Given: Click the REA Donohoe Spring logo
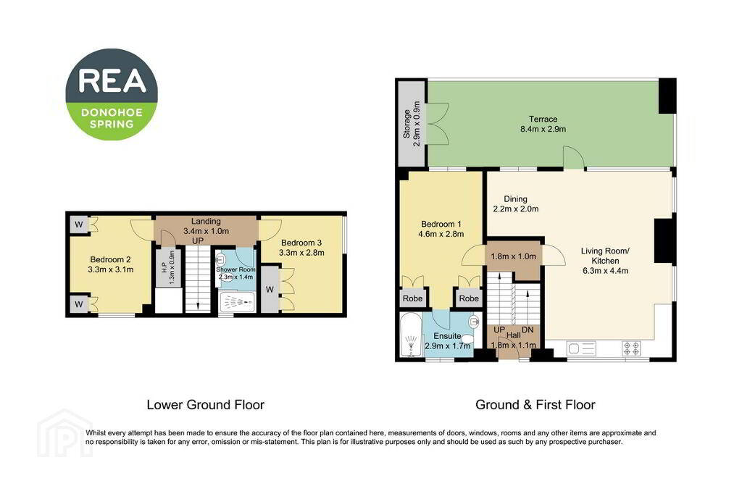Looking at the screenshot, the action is pos(112,94).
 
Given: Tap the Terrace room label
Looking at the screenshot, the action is pos(543,124).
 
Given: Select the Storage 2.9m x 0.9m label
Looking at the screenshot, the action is pos(412,124).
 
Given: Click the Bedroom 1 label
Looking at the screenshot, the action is pos(441,229).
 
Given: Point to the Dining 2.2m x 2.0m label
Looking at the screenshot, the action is pos(515,204).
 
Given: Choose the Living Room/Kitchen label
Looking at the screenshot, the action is pos(605,261).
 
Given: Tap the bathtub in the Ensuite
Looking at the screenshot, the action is pos(411,335).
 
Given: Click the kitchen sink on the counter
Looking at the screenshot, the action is pos(581,349).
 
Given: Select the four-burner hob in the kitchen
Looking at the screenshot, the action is pos(631,348).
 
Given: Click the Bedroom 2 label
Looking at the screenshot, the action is pos(110,264).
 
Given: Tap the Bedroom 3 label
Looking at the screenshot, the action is pos(301,248).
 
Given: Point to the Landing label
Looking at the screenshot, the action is pos(206,231).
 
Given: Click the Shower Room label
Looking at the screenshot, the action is pos(235,273).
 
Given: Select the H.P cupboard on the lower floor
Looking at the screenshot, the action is pos(168,267).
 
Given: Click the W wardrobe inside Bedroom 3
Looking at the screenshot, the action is pos(270,289).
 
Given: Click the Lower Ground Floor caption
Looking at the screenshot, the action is pos(205,405).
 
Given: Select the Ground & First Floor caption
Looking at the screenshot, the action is pos(535,405).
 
